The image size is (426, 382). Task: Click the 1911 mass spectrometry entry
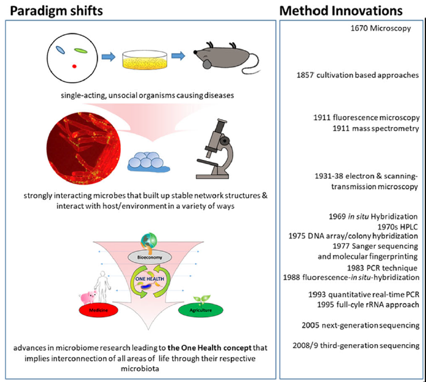tap(375, 129)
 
